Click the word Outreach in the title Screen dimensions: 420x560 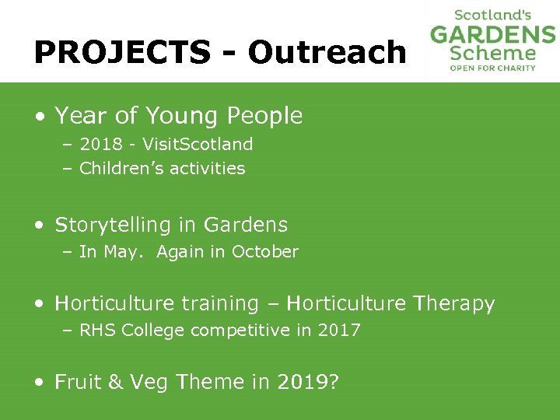click(327, 52)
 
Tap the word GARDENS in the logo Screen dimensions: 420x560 click(493, 34)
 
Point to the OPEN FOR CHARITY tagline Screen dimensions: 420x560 click(493, 68)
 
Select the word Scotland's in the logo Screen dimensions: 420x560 click(493, 14)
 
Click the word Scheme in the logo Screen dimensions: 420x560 click(493, 53)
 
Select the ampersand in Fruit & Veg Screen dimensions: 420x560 click(115, 382)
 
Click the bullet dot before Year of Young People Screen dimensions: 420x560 click(39, 117)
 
